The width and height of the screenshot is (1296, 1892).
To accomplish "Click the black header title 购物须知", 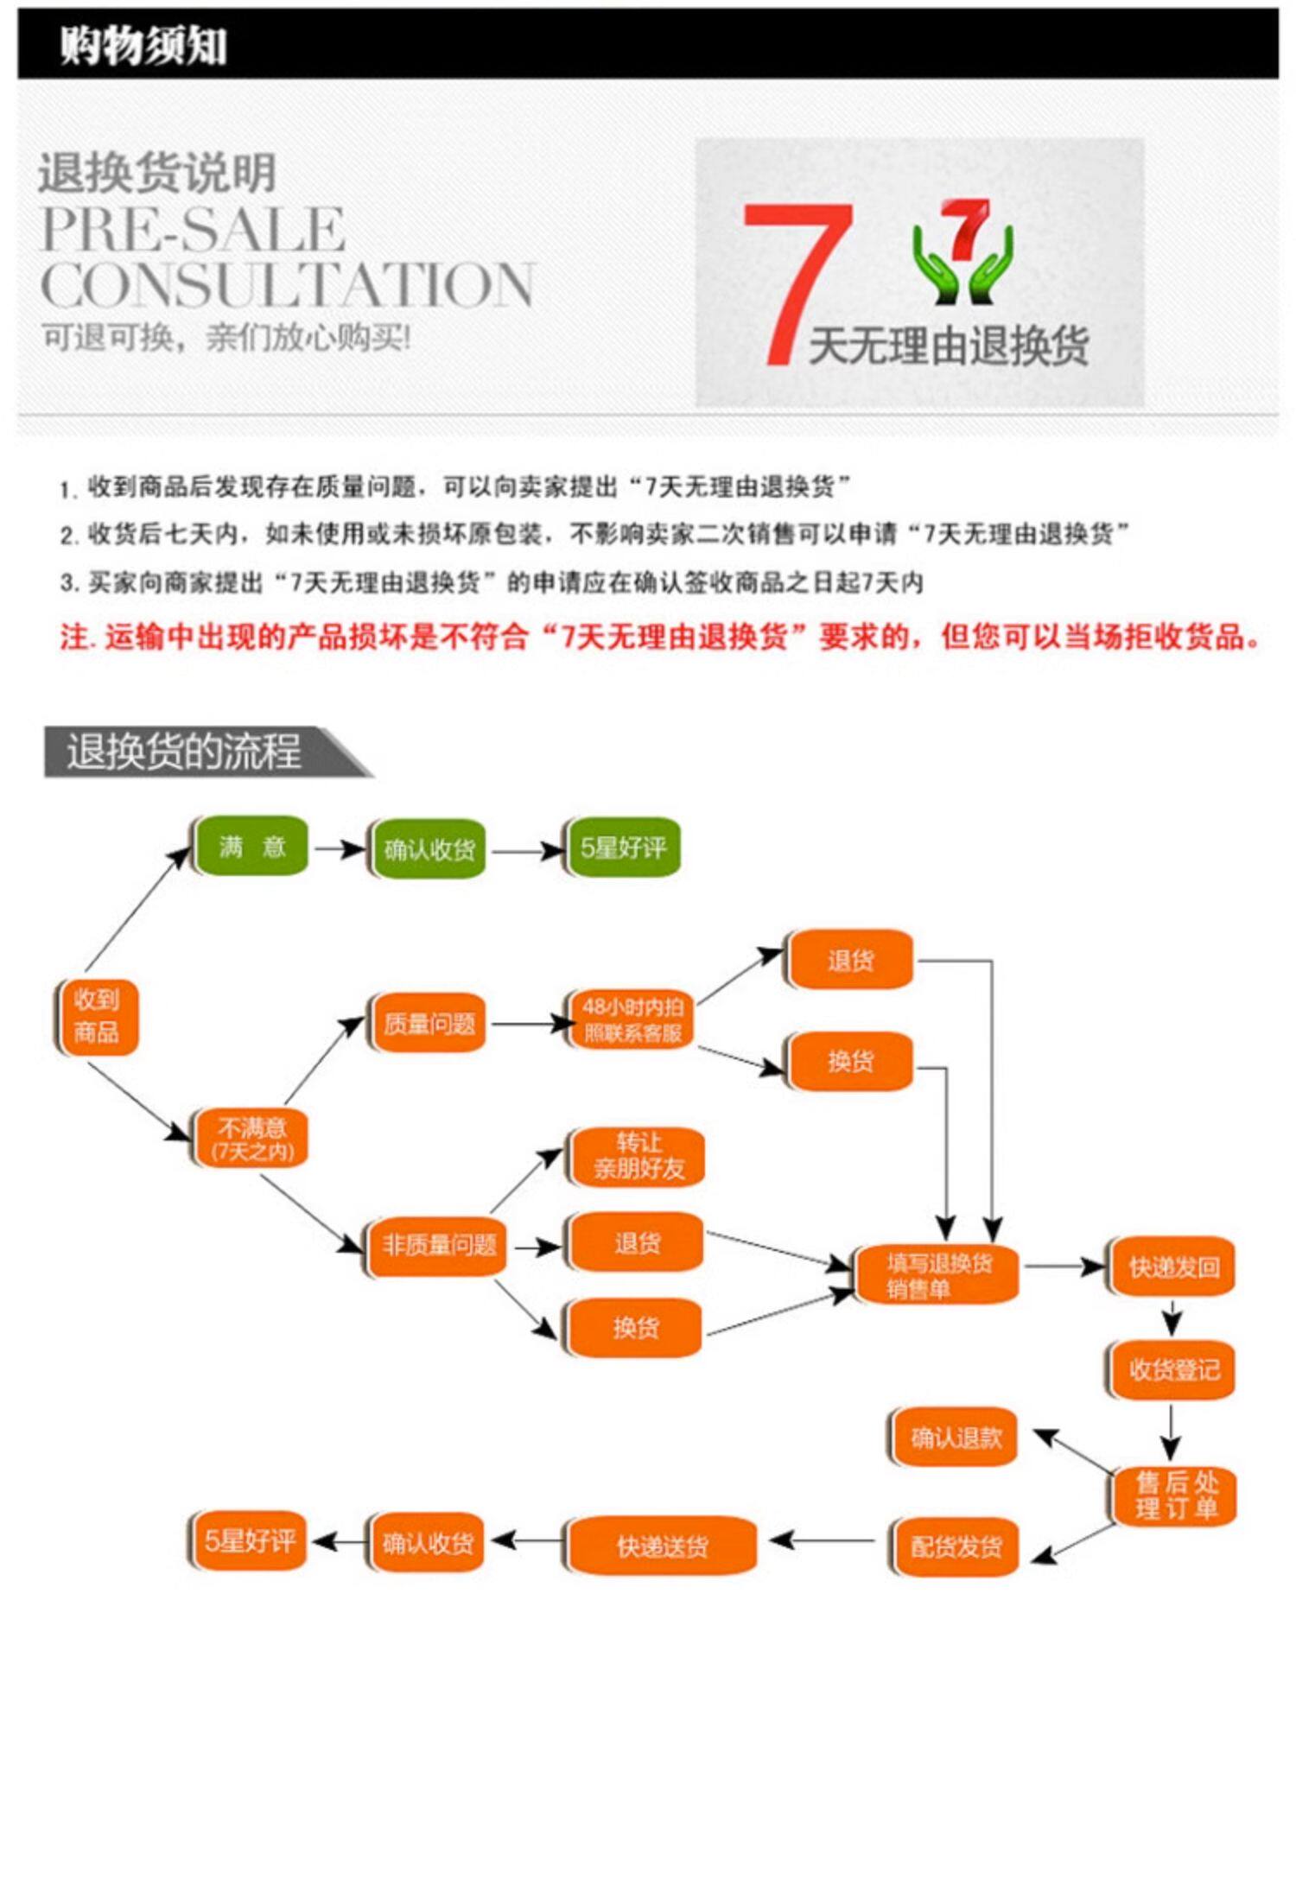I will click(143, 45).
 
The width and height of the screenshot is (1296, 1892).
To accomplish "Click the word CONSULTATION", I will click(287, 284).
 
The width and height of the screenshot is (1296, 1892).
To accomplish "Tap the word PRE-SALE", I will click(194, 229).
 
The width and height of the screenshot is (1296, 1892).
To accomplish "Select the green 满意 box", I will click(251, 846).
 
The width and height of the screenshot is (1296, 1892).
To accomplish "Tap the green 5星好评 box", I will click(622, 848).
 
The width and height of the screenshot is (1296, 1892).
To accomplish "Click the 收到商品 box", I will click(97, 1016).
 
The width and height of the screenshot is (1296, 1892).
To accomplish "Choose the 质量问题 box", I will click(429, 1024).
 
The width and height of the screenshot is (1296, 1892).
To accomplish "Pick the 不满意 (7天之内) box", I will click(251, 1138).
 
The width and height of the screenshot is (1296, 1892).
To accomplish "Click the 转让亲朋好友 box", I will click(638, 1156).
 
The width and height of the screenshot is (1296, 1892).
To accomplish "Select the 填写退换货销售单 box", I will click(938, 1275).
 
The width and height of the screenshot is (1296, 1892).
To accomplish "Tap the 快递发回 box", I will click(1173, 1267).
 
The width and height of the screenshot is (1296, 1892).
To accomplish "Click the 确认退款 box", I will click(955, 1438).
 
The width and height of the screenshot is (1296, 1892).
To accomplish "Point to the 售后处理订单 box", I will click(1176, 1495).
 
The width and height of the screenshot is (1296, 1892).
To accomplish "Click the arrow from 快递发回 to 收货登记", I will click(1172, 1319).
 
